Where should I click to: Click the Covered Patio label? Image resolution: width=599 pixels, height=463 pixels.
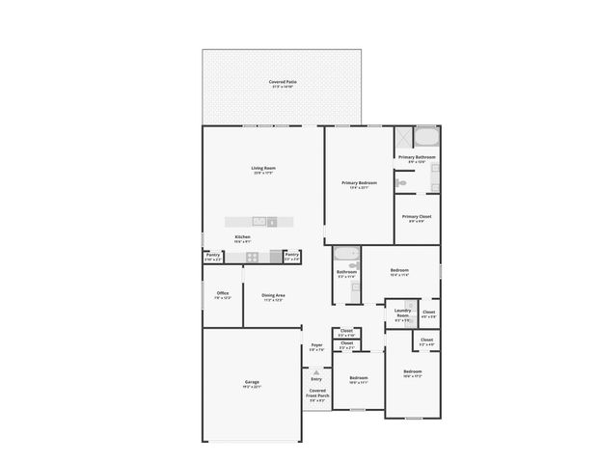coord(283,84)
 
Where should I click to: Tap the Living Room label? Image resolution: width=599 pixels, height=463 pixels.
coord(263,170)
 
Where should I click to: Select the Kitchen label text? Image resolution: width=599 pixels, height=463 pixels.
coord(243,238)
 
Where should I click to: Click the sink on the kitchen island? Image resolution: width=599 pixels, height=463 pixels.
coord(259,221)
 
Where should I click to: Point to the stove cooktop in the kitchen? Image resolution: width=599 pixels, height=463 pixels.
coord(253,257)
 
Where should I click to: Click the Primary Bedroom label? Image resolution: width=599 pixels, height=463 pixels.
coord(359,184)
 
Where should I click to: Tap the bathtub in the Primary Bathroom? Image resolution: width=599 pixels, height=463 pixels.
coord(425,137)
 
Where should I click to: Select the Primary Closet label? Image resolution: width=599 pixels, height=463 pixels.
coord(417,218)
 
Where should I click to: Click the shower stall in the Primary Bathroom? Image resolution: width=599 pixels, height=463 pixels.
coord(404,137)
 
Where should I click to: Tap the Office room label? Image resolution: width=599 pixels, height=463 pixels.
coord(222,294)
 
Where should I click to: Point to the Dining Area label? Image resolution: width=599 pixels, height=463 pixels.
coord(274,297)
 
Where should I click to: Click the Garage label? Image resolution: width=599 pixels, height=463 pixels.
coord(251,384)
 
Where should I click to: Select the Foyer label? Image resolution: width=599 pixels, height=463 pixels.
coord(316,346)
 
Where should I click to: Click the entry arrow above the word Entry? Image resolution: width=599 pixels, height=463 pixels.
coord(315,371)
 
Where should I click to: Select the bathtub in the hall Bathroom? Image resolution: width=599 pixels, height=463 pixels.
coord(346,256)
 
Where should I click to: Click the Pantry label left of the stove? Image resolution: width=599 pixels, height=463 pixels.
coord(212,257)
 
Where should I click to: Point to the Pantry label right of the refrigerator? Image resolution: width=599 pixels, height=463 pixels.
coord(292,257)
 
